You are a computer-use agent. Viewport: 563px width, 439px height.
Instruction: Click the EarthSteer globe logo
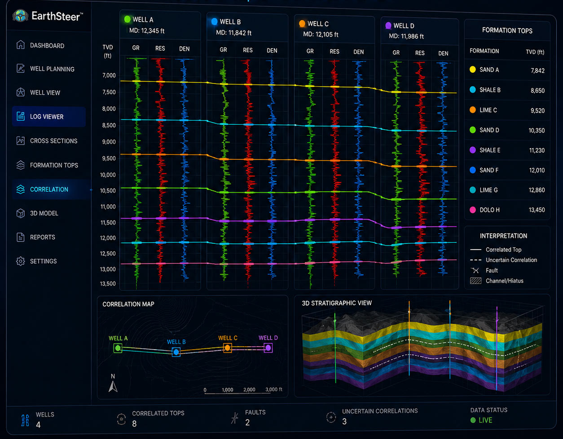click(x=20, y=16)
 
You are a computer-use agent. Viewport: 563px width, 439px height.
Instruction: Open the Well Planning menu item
click(x=52, y=69)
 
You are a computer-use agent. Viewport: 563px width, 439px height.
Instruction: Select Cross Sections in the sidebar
click(x=53, y=141)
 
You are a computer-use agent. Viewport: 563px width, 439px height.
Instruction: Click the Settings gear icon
click(x=21, y=261)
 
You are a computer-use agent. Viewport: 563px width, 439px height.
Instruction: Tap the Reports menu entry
click(x=43, y=237)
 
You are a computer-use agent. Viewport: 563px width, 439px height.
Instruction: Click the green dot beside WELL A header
click(x=127, y=19)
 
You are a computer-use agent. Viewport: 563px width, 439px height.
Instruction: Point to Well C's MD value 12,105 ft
click(x=321, y=35)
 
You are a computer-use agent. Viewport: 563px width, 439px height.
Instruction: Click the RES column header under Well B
click(x=248, y=50)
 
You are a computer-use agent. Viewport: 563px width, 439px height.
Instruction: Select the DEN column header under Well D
click(x=443, y=53)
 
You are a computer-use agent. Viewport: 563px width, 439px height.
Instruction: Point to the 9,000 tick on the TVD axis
click(x=109, y=142)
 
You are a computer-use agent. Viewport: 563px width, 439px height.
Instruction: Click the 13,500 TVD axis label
click(x=108, y=284)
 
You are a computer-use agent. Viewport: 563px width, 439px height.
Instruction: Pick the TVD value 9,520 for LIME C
click(x=537, y=110)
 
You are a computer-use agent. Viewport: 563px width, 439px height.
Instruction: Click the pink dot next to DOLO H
click(x=473, y=210)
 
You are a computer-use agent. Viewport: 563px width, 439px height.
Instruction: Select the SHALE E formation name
click(x=490, y=150)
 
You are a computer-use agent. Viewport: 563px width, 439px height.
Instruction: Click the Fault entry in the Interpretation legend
click(x=492, y=270)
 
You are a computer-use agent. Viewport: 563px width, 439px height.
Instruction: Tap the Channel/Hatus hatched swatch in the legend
click(x=476, y=281)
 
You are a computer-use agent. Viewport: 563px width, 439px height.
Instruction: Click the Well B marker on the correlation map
click(x=176, y=352)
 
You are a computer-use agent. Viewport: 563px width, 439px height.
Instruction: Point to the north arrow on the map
click(x=113, y=386)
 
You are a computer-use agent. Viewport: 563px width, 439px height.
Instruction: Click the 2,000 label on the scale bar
click(x=249, y=390)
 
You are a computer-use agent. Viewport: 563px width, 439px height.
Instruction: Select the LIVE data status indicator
click(x=485, y=420)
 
